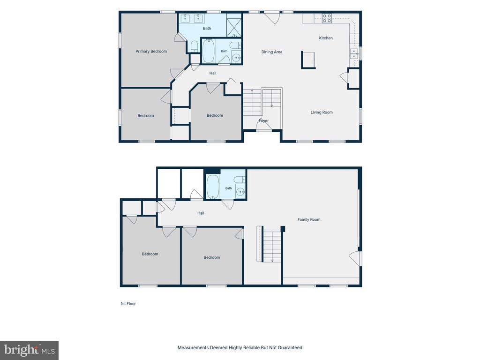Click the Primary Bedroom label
tap(151, 52)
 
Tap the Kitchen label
tap(326, 38)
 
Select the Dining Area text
tap(272, 52)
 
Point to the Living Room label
tap(322, 112)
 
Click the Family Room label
tap(309, 219)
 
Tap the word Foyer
tap(263, 120)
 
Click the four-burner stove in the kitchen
tap(327, 18)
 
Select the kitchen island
tap(308, 60)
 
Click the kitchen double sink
tap(354, 53)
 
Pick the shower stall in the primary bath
tap(234, 25)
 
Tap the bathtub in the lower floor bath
tap(213, 187)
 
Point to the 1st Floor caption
tap(128, 304)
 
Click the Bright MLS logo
tap(29, 350)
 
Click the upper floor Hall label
tap(213, 73)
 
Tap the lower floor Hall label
tap(201, 213)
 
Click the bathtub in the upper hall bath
tap(209, 51)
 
